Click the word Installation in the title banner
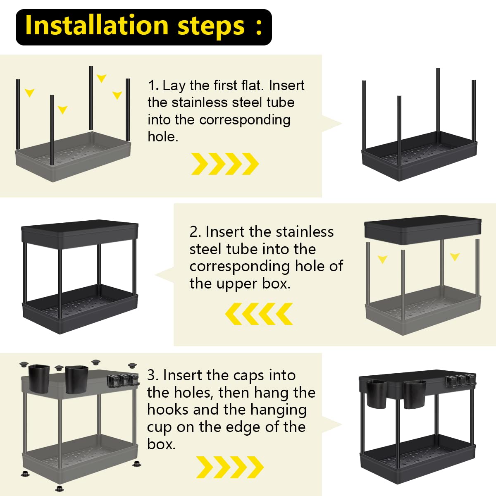pyautogui.click(x=97, y=26)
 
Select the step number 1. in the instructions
pyautogui.click(x=153, y=86)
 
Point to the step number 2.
pyautogui.click(x=196, y=232)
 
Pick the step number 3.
pyautogui.click(x=153, y=376)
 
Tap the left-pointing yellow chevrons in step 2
pyautogui.click(x=259, y=313)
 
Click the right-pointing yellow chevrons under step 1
pyautogui.click(x=225, y=164)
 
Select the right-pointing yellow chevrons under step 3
pyautogui.click(x=230, y=467)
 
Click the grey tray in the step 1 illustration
pyautogui.click(x=73, y=157)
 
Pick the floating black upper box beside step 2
pyautogui.click(x=423, y=230)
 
